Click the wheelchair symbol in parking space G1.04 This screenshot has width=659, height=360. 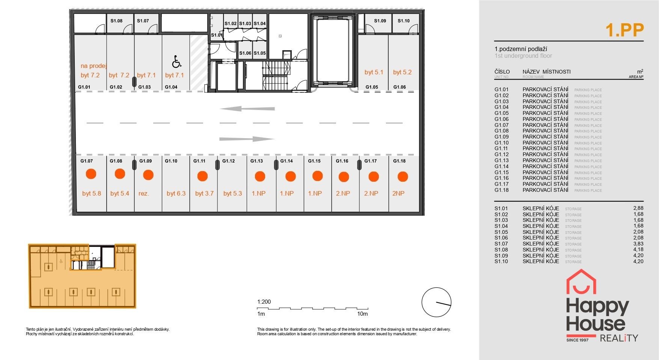(x=176, y=61)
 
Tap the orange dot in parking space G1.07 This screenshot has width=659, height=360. (x=91, y=174)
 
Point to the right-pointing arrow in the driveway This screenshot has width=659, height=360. (x=247, y=139)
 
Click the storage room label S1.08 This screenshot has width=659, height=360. (x=116, y=21)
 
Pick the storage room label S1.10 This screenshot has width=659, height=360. (x=404, y=21)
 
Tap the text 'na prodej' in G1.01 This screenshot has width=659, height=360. (x=94, y=66)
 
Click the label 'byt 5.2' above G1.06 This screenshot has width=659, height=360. (x=402, y=72)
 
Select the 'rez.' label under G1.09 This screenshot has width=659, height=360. (x=144, y=194)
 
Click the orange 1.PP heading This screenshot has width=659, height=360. (x=624, y=30)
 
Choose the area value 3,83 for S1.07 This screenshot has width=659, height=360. (x=638, y=244)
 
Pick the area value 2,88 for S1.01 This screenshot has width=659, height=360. (x=638, y=208)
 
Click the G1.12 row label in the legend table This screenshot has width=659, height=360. (x=501, y=154)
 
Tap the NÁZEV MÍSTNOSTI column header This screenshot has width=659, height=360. (x=546, y=72)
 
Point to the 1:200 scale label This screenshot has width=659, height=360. (x=264, y=302)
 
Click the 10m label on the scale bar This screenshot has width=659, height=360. (x=362, y=314)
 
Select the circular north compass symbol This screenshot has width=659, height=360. (x=436, y=302)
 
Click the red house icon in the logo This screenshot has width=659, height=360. (x=581, y=281)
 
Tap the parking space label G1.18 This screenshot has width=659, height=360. (x=399, y=161)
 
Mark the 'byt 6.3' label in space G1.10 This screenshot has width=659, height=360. (x=176, y=194)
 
